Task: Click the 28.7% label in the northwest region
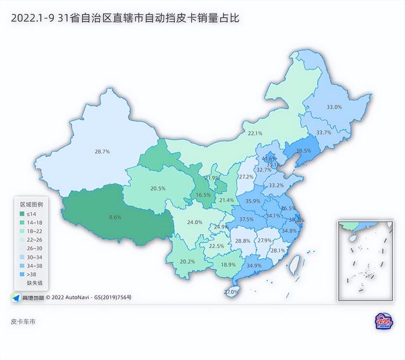[103, 152]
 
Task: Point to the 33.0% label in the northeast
[333, 108]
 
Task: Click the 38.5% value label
[304, 151]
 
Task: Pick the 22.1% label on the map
[255, 133]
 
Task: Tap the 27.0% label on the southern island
[232, 292]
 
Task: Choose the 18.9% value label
[228, 264]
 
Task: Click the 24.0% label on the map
[194, 222]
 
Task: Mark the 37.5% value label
[246, 220]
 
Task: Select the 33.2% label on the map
[277, 185]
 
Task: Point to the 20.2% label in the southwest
[187, 261]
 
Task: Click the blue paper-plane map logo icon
[15, 296]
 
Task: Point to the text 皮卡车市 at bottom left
[23, 322]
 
